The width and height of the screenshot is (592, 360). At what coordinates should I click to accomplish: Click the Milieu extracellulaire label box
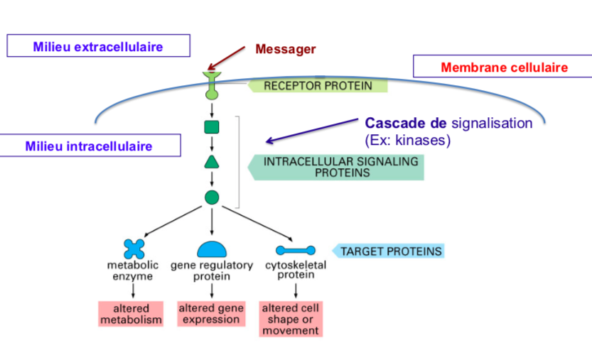98,46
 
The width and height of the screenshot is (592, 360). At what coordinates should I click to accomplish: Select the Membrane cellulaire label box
503,67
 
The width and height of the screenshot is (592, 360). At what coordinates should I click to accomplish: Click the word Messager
285,49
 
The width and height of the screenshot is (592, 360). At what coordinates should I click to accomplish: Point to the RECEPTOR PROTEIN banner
318,86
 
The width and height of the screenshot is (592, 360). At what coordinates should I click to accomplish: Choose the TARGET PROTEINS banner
389,251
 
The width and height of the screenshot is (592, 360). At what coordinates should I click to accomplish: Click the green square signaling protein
212,127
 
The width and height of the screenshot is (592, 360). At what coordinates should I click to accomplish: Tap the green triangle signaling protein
212,161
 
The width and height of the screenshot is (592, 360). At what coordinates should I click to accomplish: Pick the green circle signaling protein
212,197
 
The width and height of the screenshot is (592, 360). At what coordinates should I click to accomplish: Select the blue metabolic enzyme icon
134,249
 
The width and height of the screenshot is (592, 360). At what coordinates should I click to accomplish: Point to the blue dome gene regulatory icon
212,249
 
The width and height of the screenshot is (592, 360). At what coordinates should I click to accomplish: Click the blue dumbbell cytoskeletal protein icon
295,250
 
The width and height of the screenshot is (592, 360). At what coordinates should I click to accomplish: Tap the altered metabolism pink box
131,315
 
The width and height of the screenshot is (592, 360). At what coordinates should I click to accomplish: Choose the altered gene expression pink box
211,314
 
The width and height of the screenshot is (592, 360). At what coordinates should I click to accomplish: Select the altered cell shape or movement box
291,319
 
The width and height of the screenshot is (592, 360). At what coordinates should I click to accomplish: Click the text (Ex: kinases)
407,140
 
